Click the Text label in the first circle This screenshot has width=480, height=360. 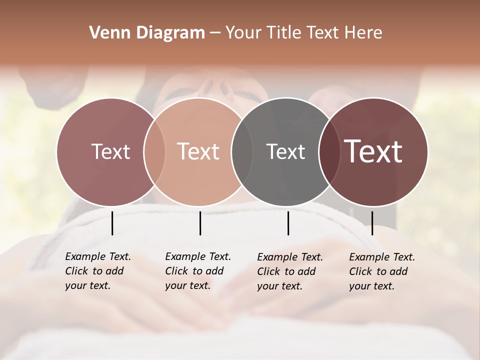point(110,151)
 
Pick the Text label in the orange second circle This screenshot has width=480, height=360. point(198,151)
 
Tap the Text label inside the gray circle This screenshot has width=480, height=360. point(285,151)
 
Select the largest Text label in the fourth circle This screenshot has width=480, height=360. point(373,151)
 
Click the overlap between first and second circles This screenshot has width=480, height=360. point(154,151)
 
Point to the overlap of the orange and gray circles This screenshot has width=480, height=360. point(242,151)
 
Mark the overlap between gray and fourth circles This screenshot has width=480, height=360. point(329,151)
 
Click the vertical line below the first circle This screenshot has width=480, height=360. point(112,223)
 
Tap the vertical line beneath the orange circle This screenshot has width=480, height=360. point(200,223)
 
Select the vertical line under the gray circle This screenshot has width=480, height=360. point(288,223)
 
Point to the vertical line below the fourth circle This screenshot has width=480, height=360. point(372,223)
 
